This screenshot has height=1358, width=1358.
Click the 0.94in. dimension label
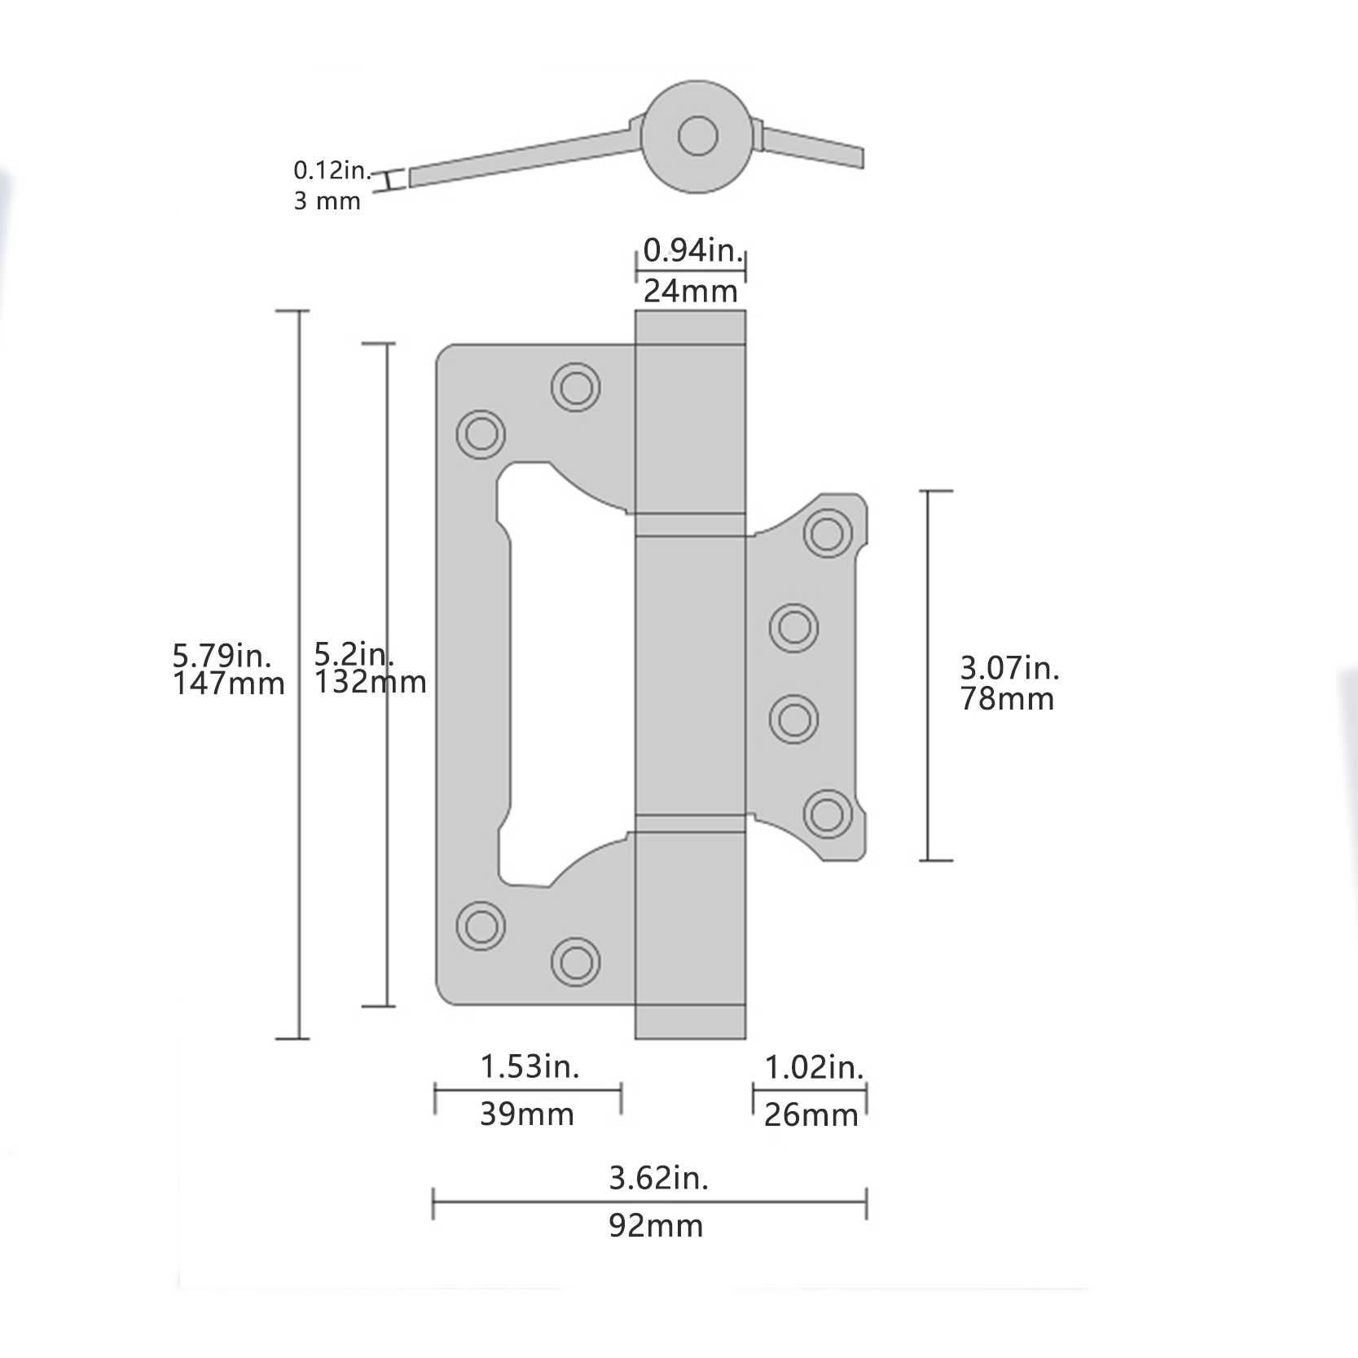[x=693, y=250]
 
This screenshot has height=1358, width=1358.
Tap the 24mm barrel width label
[x=691, y=291]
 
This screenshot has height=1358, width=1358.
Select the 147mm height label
[x=228, y=683]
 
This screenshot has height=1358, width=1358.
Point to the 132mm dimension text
[x=370, y=682]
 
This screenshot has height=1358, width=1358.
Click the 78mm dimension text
[x=1007, y=699]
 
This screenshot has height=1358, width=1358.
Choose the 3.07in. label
[x=1009, y=668]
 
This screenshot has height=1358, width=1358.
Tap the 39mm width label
[x=527, y=1114]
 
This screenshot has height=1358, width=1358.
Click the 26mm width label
[x=811, y=1115]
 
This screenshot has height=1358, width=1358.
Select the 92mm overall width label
[x=656, y=1226]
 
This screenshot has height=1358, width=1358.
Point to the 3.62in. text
[x=659, y=1178]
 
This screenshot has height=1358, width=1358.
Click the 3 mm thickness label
[x=327, y=200]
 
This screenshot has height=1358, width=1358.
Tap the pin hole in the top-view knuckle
[x=697, y=136]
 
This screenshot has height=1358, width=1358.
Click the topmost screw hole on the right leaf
[x=828, y=534]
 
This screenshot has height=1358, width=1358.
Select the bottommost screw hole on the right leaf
[x=828, y=814]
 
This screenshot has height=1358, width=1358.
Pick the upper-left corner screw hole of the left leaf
[x=481, y=433]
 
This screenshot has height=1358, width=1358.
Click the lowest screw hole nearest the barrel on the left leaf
[x=576, y=962]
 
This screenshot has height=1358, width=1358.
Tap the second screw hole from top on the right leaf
[x=794, y=628]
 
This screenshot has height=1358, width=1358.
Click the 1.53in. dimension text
[x=530, y=1066]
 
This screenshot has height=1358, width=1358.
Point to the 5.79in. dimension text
[x=222, y=654]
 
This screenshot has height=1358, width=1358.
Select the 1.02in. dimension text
[x=814, y=1066]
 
